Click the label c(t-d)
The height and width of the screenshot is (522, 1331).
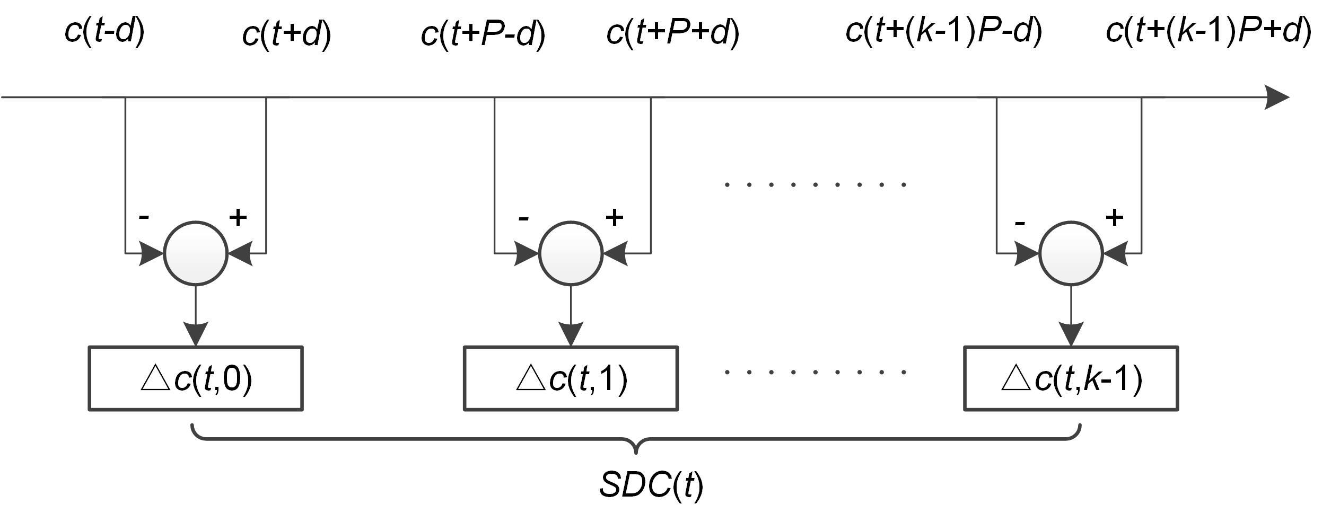104,31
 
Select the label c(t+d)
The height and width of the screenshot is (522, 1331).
286,34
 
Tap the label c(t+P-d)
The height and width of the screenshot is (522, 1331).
483,34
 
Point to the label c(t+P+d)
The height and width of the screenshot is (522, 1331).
672,32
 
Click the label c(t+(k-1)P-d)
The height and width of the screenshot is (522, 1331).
944,31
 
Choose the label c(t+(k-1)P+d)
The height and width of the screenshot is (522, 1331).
1209,31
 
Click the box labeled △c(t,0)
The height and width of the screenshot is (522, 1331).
196,378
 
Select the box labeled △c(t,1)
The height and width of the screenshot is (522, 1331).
571,378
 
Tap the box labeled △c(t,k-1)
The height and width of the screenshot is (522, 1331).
1071,378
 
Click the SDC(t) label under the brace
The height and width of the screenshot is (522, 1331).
651,484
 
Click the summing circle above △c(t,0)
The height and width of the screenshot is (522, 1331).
196,253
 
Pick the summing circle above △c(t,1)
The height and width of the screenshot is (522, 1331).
571,253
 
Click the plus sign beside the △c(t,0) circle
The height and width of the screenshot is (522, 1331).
238,217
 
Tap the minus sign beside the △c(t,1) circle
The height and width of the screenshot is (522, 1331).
523,218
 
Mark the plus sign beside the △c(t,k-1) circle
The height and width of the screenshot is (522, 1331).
1114,217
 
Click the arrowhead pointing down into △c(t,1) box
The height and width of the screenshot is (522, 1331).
571,334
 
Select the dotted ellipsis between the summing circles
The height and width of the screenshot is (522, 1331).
815,185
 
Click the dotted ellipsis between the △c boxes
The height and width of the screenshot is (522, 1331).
815,372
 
